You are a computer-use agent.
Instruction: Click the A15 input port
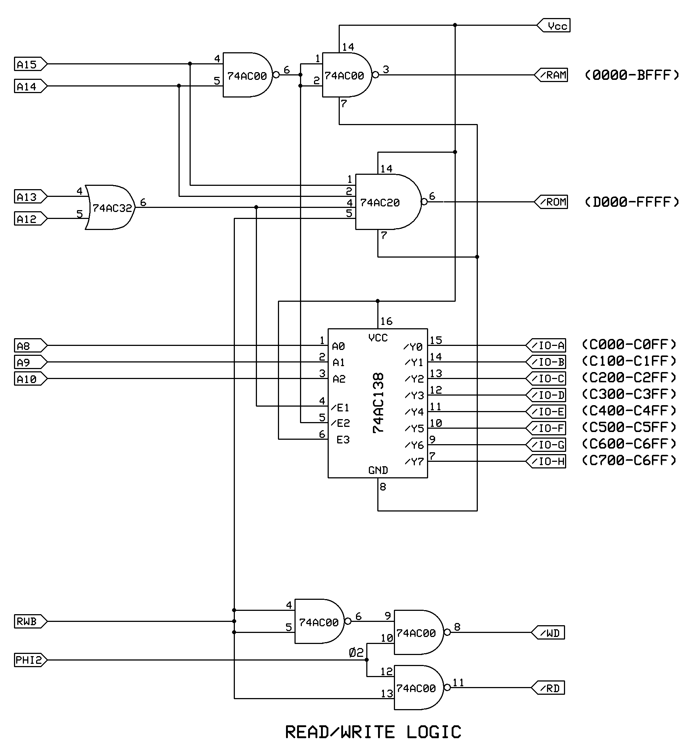[30, 64]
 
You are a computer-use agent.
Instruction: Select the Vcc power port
[554, 26]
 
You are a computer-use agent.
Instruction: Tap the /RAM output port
[551, 75]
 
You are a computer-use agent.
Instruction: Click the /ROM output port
[551, 202]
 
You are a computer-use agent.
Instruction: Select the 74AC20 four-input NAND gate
[387, 202]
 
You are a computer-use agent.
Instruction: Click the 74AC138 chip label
[378, 403]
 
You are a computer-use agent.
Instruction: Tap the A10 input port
[30, 379]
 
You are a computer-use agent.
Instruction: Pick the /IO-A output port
[546, 346]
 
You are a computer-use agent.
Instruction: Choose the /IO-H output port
[546, 461]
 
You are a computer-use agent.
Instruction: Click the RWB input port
[30, 621]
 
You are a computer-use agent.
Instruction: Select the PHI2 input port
[30, 660]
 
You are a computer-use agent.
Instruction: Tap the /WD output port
[548, 633]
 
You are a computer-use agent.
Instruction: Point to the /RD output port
[548, 688]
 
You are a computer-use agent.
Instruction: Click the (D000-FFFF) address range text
[632, 202]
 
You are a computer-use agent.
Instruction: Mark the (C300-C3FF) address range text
[629, 394]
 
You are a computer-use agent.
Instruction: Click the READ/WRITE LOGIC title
[373, 732]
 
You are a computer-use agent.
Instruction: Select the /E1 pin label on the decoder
[341, 408]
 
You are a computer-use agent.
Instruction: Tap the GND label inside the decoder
[378, 470]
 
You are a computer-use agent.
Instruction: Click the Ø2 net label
[356, 653]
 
